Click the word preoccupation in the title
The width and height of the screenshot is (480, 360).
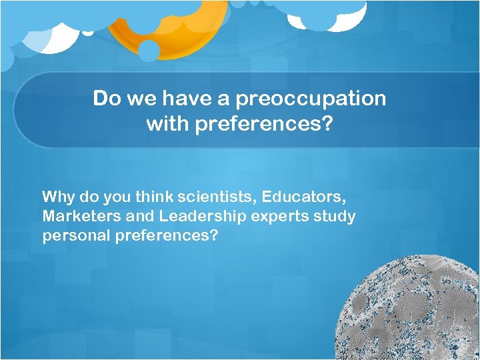311,99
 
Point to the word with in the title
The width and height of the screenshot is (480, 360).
167,124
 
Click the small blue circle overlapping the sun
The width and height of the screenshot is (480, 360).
149,50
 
